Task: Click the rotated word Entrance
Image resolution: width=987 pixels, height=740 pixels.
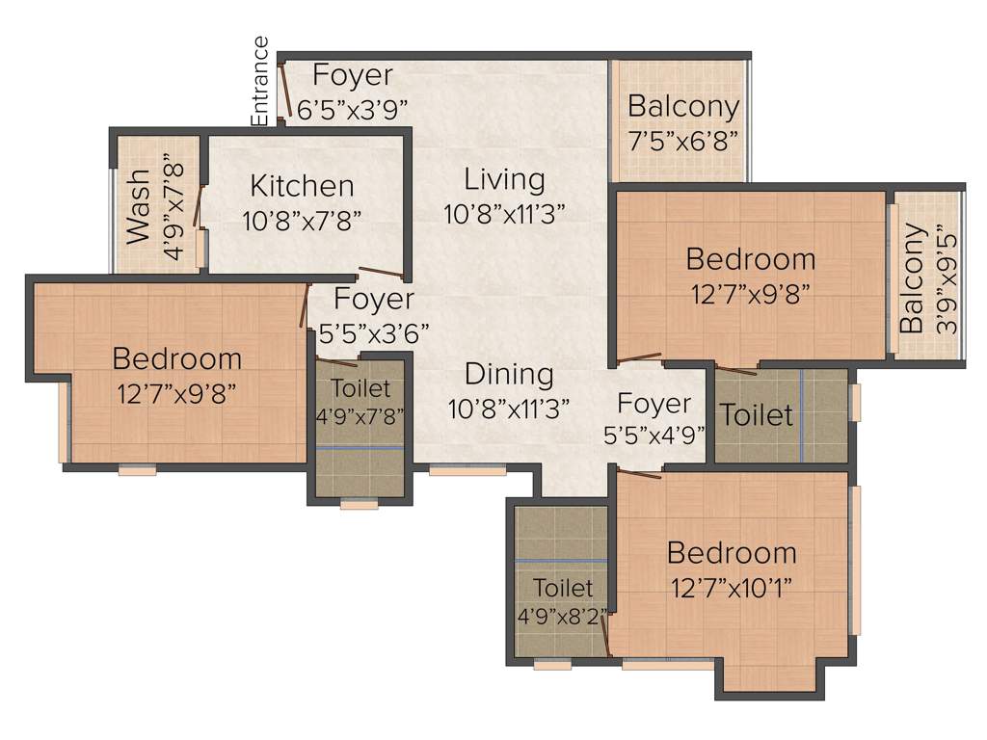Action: [x=260, y=81]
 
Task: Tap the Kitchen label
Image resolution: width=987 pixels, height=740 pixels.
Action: [x=302, y=185]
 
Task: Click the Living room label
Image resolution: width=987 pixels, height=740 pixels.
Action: [x=504, y=179]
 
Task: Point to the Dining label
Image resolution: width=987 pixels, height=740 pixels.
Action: [x=509, y=374]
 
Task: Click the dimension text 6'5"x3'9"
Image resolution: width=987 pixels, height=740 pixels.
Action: [x=353, y=109]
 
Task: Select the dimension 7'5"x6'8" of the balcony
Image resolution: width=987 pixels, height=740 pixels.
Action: [x=683, y=139]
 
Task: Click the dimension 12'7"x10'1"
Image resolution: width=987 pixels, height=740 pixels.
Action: [x=732, y=587]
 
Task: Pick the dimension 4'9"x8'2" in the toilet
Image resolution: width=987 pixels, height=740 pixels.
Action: [x=564, y=614]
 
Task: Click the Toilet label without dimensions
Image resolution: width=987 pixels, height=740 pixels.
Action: [x=757, y=415]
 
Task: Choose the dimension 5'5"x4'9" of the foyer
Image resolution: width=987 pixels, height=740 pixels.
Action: [x=654, y=435]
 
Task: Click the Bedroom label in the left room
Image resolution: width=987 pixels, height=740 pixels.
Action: [x=176, y=359]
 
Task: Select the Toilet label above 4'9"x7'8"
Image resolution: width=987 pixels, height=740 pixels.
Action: [x=360, y=388]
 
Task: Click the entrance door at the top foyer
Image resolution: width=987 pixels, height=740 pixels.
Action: [x=281, y=92]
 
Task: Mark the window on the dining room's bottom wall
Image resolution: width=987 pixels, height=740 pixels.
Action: [x=467, y=471]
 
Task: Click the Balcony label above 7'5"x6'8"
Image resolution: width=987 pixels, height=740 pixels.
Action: [x=683, y=106]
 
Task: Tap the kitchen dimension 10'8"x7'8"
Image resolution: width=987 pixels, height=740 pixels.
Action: [x=302, y=220]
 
